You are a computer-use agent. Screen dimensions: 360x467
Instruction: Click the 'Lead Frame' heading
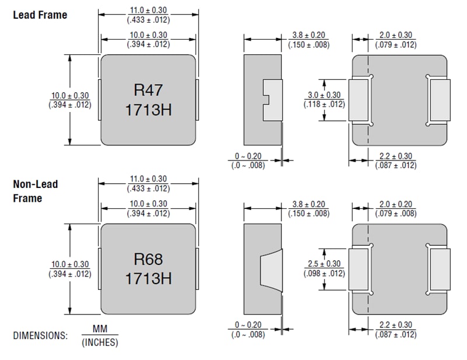pos(40,15)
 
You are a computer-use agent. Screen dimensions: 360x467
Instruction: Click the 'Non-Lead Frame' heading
pos(36,191)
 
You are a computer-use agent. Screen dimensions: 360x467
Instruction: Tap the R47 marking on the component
pos(148,90)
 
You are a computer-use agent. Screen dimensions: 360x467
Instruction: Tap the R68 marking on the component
pos(148,259)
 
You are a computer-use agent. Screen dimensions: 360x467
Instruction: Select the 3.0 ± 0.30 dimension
pos(324,95)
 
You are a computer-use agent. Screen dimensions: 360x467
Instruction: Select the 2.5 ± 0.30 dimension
pos(324,264)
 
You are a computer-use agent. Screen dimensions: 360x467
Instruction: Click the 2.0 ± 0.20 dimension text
pos(396,204)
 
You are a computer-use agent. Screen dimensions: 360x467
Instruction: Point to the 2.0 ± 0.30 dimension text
pos(396,36)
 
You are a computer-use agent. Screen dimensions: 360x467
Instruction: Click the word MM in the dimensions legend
pos(100,330)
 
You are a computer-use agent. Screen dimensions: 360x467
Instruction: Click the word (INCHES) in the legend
pos(100,342)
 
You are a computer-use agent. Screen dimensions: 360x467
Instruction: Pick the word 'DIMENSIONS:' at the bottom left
pos(40,336)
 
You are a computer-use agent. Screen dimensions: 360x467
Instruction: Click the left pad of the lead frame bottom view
pos(358,100)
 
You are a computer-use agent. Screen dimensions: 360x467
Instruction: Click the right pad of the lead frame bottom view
pos(440,100)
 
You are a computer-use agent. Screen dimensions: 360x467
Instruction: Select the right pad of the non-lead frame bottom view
pos(440,269)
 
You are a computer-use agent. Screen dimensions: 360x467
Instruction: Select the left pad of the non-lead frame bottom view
pos(358,269)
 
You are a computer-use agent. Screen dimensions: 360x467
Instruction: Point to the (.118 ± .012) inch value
pos(324,104)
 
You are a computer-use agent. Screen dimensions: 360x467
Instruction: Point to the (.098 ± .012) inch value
pos(324,273)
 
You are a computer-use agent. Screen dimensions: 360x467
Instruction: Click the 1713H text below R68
pos(148,278)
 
